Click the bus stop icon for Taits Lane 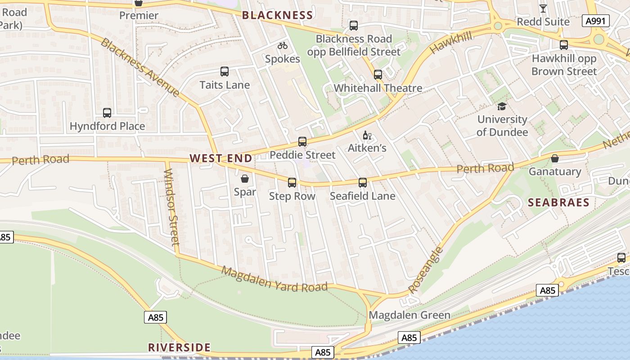(225, 71)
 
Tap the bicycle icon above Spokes (283, 45)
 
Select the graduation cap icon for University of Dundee (502, 106)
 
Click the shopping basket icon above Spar (245, 179)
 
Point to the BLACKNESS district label (277, 15)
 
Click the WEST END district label (221, 158)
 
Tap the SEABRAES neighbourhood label (558, 202)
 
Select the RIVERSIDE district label (180, 347)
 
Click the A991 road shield (595, 21)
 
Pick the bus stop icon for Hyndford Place (107, 113)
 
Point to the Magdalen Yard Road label (274, 279)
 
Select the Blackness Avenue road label (139, 67)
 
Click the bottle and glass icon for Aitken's (367, 135)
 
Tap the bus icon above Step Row (292, 183)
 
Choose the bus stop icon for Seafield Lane (363, 183)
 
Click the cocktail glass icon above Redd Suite (543, 8)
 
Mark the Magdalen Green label (409, 315)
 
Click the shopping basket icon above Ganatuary (555, 158)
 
